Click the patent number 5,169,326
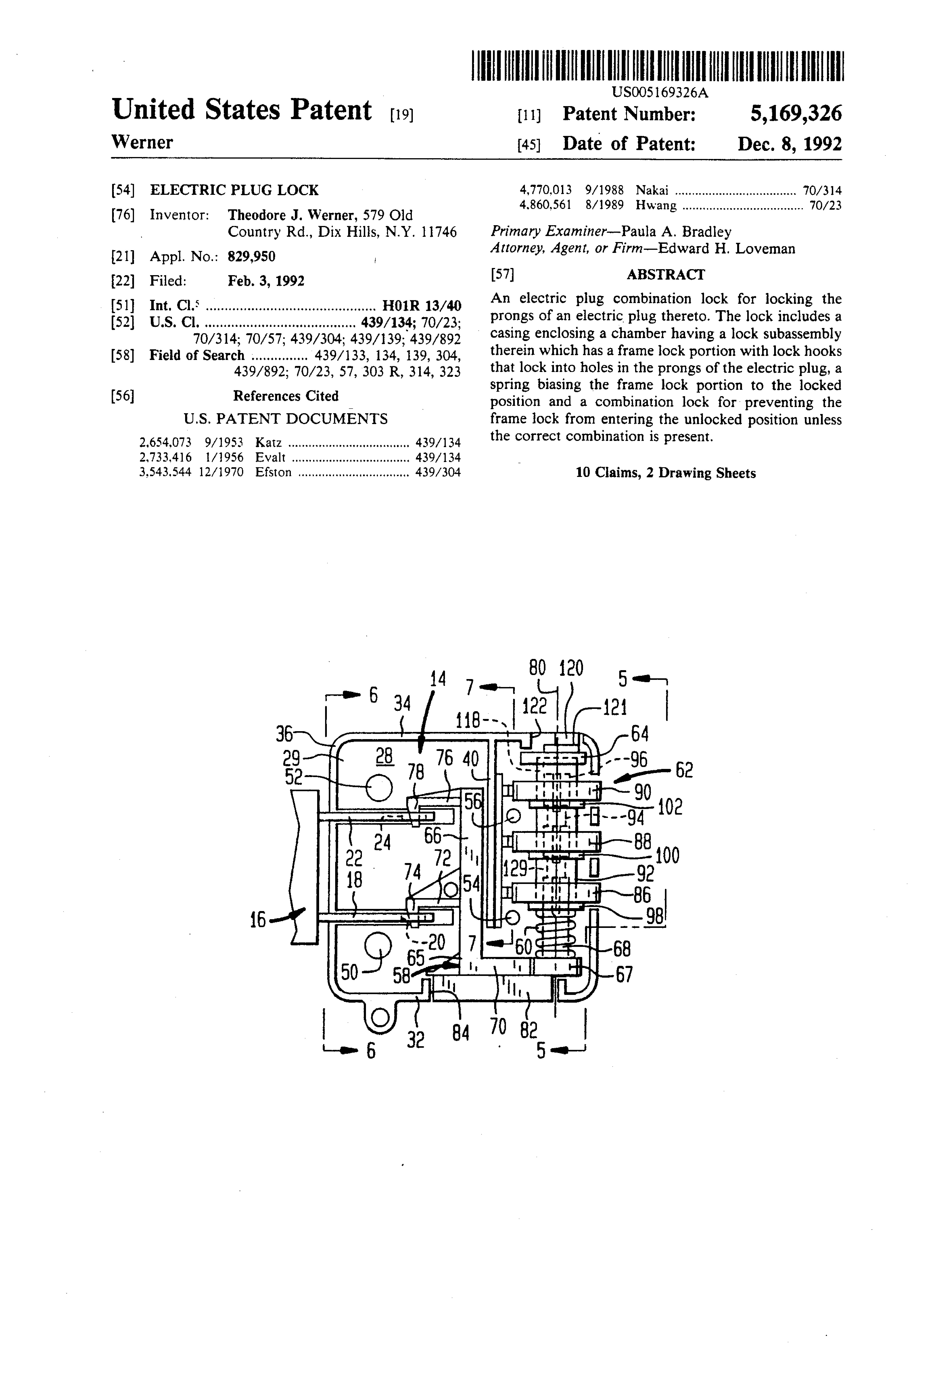[x=796, y=114]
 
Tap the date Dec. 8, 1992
[x=789, y=144]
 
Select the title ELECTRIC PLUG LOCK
[x=234, y=190]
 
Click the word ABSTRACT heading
[x=666, y=275]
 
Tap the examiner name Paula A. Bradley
[x=676, y=231]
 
